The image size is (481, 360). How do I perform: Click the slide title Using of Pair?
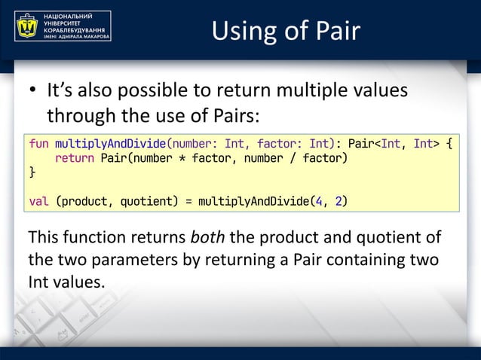(x=286, y=30)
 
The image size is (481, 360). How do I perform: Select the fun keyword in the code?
(x=38, y=142)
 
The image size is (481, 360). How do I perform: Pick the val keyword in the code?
(x=38, y=201)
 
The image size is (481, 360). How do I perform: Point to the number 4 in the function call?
(x=319, y=201)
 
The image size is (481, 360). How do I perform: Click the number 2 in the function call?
(x=340, y=201)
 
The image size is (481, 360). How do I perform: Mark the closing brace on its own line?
(x=32, y=172)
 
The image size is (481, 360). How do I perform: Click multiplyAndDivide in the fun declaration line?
(x=110, y=142)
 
